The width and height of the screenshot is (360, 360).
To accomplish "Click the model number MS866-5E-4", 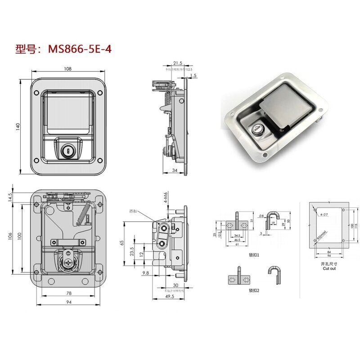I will (79, 49).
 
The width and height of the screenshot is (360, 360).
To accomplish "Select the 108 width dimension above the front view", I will (68, 69).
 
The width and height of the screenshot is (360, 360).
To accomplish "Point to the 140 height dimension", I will (18, 127).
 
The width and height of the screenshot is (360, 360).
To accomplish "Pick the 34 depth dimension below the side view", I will (175, 170).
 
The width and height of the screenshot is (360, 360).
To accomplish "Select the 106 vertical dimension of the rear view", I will (9, 236).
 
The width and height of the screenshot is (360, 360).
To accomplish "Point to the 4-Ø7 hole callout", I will (323, 215).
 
